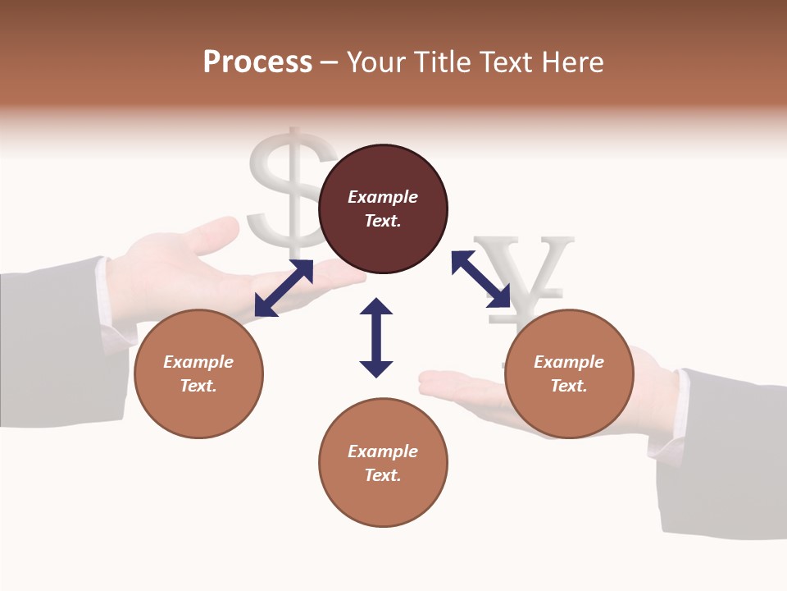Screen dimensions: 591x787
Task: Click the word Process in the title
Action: [257, 62]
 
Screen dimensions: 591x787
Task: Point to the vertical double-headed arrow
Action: [376, 337]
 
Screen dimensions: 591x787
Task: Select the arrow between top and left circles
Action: [284, 288]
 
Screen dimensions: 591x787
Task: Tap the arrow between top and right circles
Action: [481, 279]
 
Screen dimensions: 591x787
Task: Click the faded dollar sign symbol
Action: [289, 185]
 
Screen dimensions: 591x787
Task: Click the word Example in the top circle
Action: [383, 197]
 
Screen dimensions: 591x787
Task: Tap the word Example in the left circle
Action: [198, 362]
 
